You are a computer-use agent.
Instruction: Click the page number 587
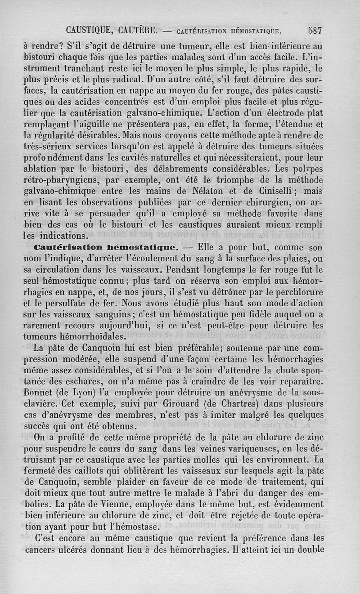pos(315,31)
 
